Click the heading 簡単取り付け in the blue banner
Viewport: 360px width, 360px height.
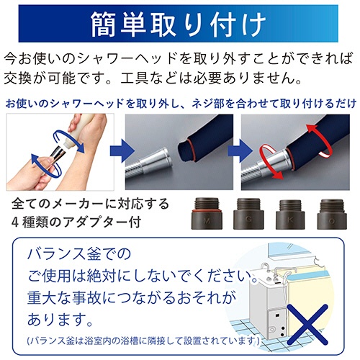(178, 24)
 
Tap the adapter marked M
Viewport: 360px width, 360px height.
(207, 213)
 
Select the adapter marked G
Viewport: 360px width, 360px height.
(248, 213)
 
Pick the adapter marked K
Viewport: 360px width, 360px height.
(290, 214)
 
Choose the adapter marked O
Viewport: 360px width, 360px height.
(332, 214)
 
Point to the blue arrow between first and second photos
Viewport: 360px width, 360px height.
(122, 151)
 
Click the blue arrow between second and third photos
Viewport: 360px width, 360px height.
(240, 151)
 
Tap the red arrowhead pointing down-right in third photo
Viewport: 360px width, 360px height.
(278, 175)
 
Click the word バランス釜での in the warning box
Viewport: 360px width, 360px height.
(79, 253)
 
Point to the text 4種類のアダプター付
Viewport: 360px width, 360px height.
(76, 222)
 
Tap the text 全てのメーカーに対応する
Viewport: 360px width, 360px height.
(91, 204)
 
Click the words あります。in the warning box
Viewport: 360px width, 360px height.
(60, 319)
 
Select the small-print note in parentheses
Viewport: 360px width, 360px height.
(143, 341)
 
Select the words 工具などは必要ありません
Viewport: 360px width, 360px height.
(208, 78)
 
